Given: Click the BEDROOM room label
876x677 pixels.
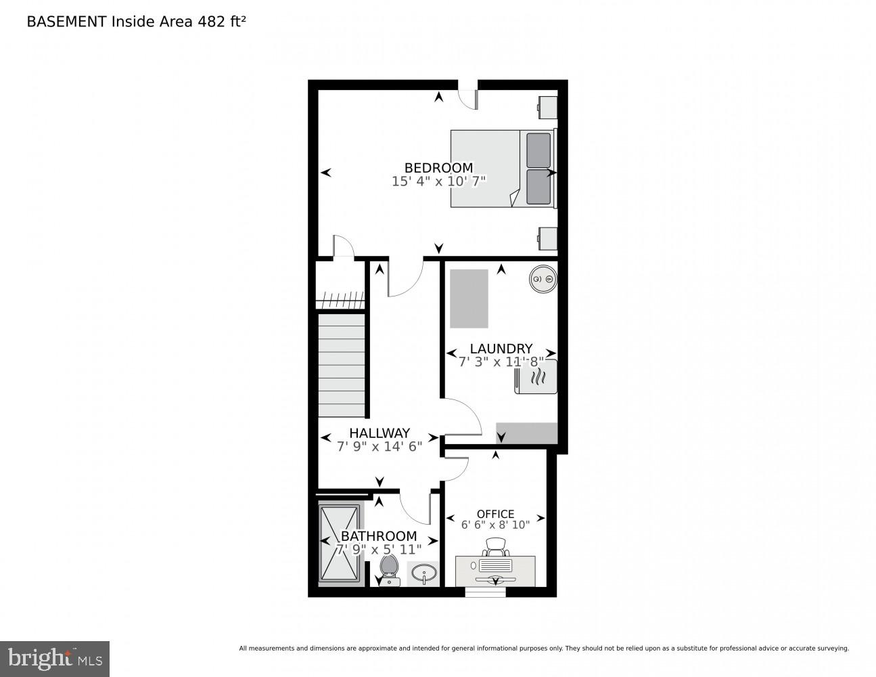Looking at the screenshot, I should coord(438,167).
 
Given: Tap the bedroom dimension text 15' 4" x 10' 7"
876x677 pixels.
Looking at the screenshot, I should coord(438,181).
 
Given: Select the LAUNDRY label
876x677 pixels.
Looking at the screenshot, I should coord(501,349).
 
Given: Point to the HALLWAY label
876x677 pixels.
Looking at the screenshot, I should coord(379,433).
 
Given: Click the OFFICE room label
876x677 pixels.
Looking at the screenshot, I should coord(495,514).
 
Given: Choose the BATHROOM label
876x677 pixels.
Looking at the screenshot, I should coord(378,536).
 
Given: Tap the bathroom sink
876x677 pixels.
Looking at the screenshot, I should coord(423,574).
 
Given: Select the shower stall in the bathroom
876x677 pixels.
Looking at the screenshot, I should coord(340,543).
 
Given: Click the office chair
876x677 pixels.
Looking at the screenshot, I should coord(495,546).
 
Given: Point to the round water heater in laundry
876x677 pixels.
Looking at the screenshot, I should coord(543,278).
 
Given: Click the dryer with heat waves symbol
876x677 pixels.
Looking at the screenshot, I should coord(536,377).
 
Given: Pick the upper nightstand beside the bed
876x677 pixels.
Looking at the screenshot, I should coord(547,106).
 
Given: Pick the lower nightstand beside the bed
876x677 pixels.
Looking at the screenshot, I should coord(547,238).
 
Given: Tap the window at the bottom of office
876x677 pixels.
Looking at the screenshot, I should coord(485,592).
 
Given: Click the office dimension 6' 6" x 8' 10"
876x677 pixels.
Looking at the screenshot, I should coord(495,525).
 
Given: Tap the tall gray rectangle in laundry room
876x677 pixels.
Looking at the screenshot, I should coord(469,298).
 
